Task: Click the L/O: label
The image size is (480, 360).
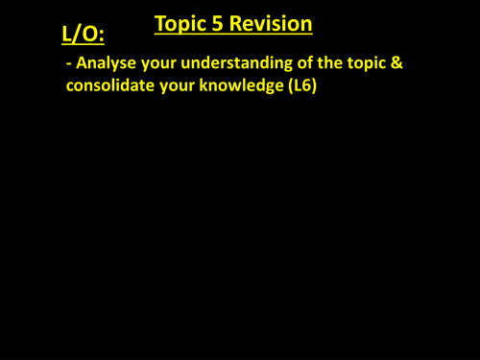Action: point(84,35)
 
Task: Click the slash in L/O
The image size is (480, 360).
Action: point(78,35)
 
